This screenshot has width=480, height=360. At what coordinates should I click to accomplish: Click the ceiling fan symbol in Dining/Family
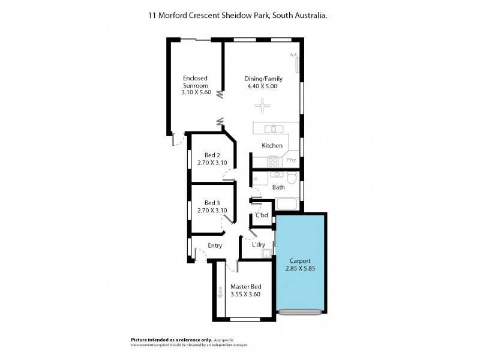click(x=262, y=107)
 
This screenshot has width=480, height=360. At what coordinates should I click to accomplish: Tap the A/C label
click(x=293, y=55)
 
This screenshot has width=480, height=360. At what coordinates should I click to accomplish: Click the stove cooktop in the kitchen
click(x=272, y=161)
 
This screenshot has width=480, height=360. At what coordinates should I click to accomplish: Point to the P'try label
click(x=291, y=160)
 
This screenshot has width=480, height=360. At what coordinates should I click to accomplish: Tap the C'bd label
click(x=262, y=215)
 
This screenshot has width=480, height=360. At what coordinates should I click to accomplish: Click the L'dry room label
click(x=259, y=245)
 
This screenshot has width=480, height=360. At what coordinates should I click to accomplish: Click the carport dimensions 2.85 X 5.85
click(x=301, y=269)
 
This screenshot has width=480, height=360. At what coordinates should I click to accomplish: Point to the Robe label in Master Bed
click(x=220, y=291)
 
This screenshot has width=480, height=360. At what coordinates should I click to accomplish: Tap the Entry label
click(x=215, y=245)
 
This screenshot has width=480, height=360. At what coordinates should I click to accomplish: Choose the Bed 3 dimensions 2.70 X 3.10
click(x=212, y=210)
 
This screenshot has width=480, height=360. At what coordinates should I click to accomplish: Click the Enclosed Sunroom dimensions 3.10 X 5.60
click(x=196, y=93)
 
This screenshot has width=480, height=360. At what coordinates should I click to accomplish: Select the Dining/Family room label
click(x=263, y=79)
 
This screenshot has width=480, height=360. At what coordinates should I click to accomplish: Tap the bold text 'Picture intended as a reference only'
click(x=170, y=339)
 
